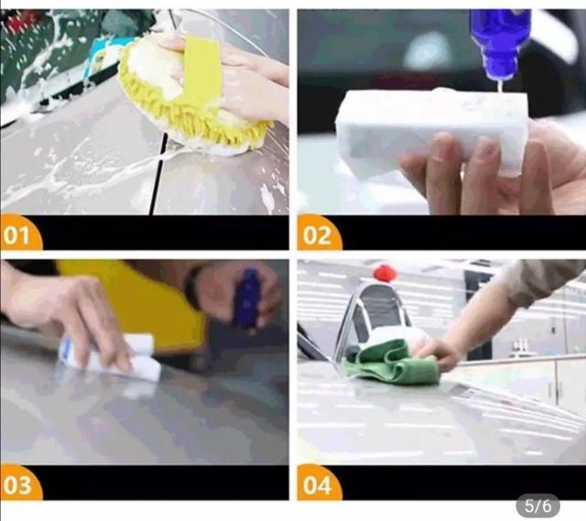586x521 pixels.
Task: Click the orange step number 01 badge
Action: [19, 233]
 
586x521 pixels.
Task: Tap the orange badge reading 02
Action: [319, 233]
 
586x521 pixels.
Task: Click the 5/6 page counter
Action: [537, 506]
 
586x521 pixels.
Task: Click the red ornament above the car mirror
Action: [385, 273]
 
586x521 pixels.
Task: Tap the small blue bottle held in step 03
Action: [246, 299]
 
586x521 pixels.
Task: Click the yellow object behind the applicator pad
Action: [149, 303]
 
